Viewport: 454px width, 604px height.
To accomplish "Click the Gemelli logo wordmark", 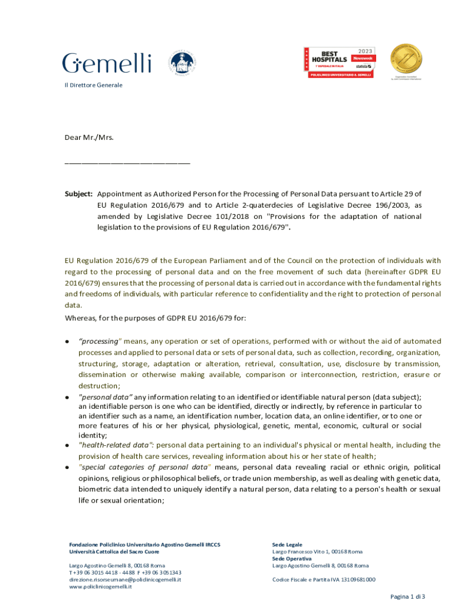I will pyautogui.click(x=107, y=63).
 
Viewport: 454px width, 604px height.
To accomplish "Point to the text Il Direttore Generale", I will pyautogui.click(x=93, y=85).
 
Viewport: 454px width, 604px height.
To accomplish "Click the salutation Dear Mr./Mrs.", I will pyautogui.click(x=88, y=137).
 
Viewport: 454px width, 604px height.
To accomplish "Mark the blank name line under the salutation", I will pyautogui.click(x=127, y=161).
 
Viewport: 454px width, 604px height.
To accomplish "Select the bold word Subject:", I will pyautogui.click(x=78, y=193).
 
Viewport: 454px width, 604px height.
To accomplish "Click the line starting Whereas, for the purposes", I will pyautogui.click(x=155, y=318).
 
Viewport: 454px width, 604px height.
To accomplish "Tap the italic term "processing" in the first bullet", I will pyautogui.click(x=100, y=341).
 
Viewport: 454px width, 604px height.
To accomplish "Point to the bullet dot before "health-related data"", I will pyautogui.click(x=67, y=445).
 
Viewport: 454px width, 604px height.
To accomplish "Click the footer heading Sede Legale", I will pyautogui.click(x=287, y=544).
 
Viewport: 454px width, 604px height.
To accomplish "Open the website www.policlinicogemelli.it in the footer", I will pyautogui.click(x=100, y=586).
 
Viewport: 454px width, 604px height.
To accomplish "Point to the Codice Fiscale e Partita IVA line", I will pyautogui.click(x=324, y=579).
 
